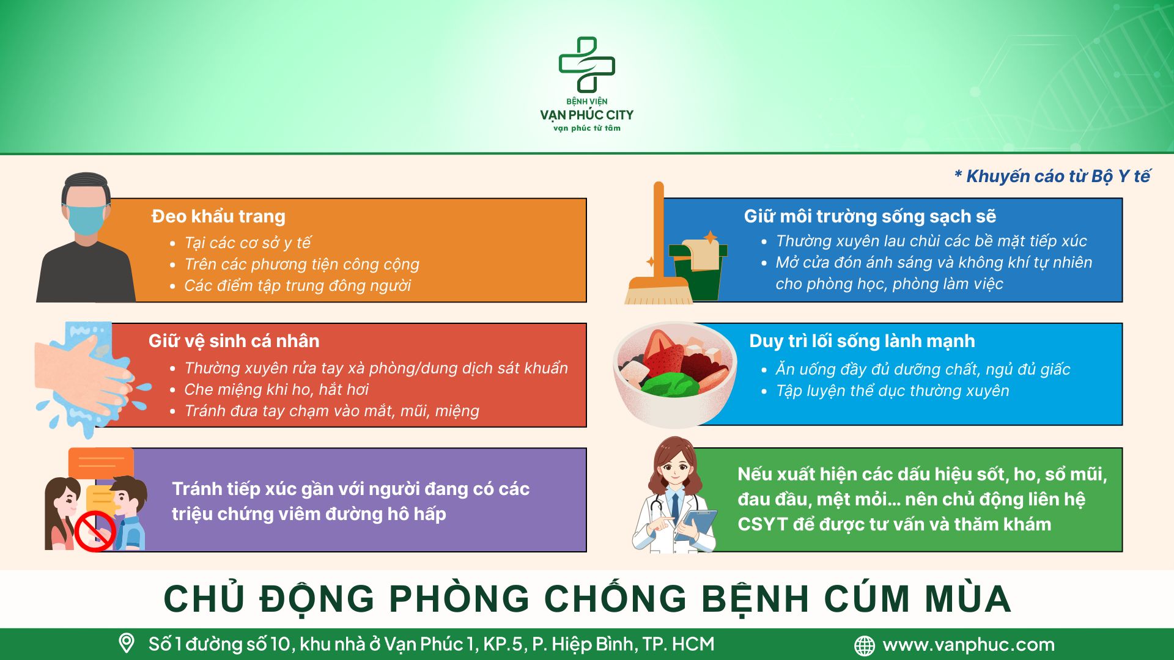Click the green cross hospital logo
point(587,65)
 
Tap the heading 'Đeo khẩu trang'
point(218,216)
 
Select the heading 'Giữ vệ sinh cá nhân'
point(234,341)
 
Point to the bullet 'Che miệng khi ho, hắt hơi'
point(276,389)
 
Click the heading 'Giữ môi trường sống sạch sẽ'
point(869,216)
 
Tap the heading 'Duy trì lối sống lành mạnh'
point(862,341)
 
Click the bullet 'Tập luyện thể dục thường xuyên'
point(892,391)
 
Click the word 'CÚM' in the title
point(868,598)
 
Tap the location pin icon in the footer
point(126,643)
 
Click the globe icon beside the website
point(864,645)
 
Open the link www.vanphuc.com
point(969,645)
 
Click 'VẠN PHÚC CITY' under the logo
point(587,115)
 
